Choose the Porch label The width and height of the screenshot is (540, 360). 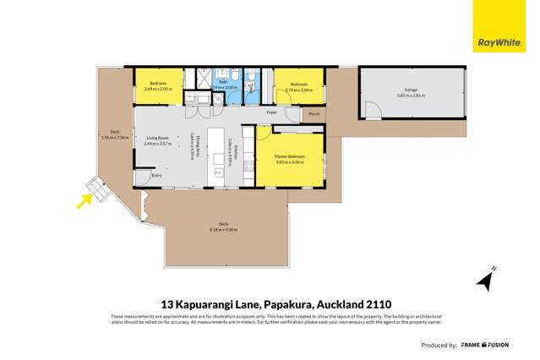tap(314, 112)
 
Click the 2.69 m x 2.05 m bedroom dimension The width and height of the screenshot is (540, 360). tap(158, 89)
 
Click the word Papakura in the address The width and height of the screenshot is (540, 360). tap(270, 303)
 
